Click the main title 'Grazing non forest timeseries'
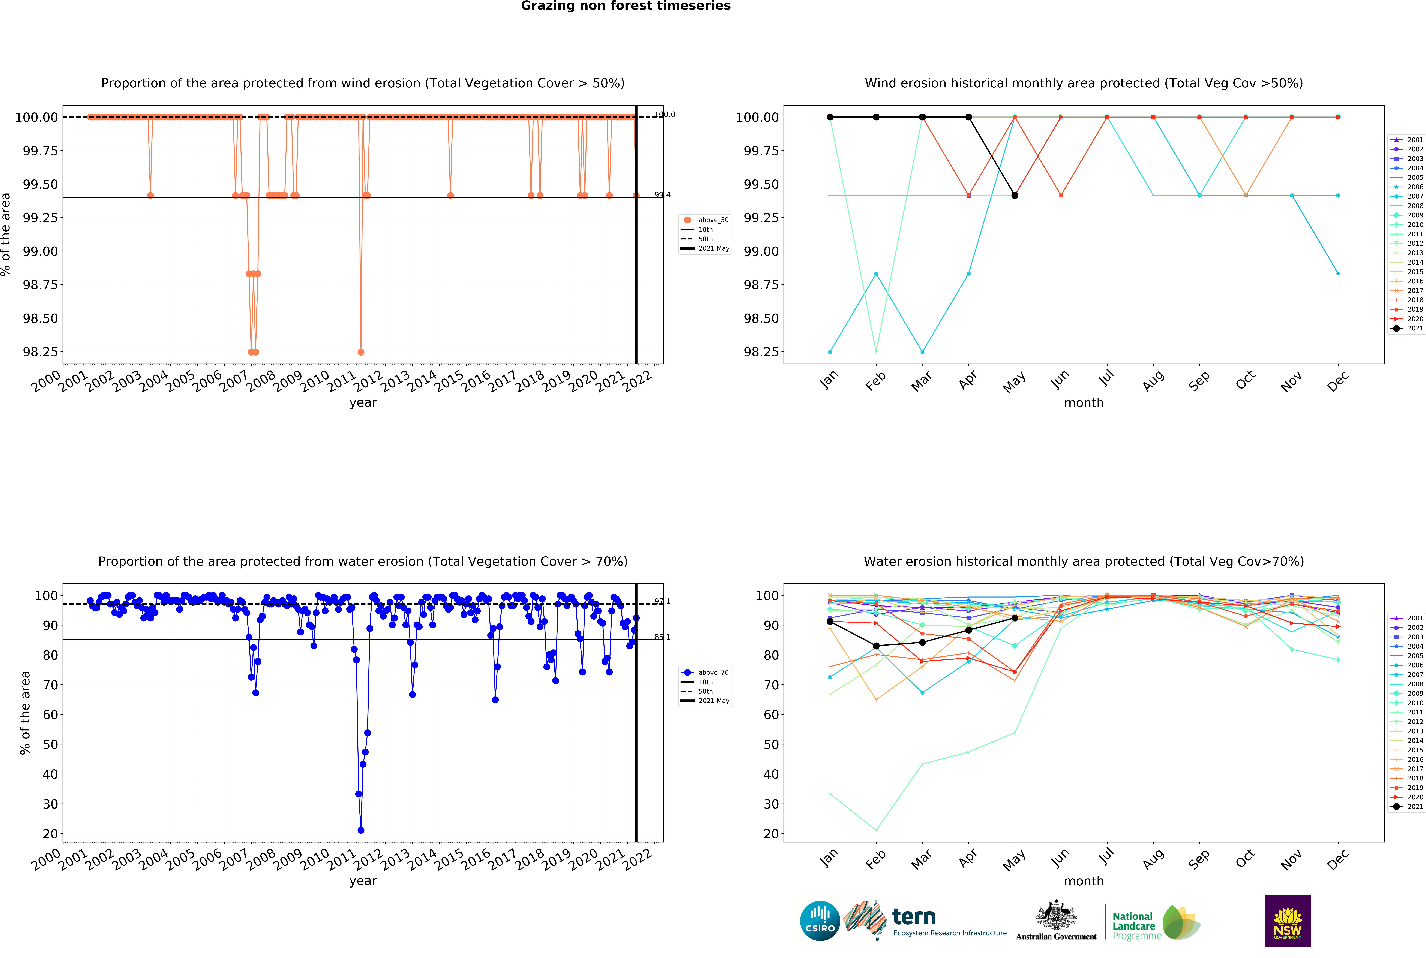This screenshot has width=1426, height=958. coord(625,6)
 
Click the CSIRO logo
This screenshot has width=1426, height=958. coord(820,921)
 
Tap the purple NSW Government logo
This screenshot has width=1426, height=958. coord(1287,921)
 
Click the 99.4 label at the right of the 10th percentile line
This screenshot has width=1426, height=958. coord(662,195)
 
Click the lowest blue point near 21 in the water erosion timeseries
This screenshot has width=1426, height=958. coord(361,830)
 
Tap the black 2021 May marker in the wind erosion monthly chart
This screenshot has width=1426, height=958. coord(1015,196)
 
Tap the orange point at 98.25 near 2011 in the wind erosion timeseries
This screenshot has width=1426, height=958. coord(361,352)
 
